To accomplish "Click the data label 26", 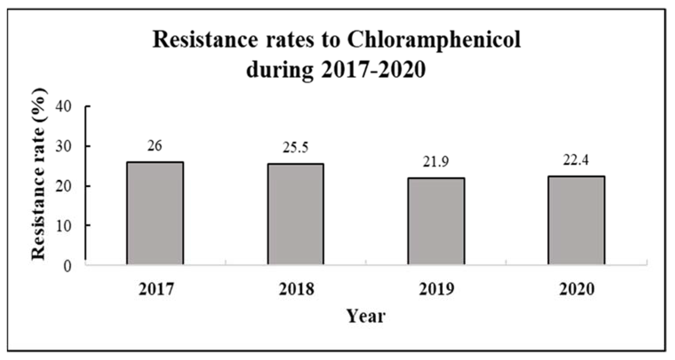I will click(x=155, y=146).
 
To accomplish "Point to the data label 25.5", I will click(x=295, y=147).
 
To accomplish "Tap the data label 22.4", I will click(x=576, y=160).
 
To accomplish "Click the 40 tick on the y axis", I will click(x=63, y=107).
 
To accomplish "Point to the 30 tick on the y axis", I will click(x=63, y=147).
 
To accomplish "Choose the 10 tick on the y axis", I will click(x=63, y=226).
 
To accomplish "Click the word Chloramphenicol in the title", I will click(x=434, y=41).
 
